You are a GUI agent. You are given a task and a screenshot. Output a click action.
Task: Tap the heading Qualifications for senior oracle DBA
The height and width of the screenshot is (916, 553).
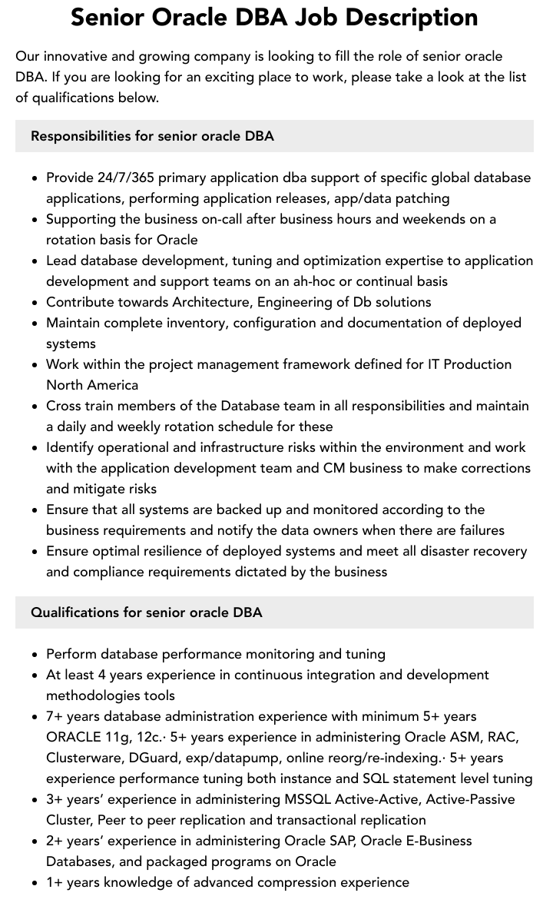point(146,612)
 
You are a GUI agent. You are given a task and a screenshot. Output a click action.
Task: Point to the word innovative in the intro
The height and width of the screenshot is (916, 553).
point(76,56)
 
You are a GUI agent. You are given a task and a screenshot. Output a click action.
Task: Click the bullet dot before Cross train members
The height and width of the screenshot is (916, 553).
point(35,407)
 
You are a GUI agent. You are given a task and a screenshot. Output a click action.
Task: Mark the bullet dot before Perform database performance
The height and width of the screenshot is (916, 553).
point(35,655)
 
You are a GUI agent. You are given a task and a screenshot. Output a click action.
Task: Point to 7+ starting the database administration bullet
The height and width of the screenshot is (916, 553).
point(55,716)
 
